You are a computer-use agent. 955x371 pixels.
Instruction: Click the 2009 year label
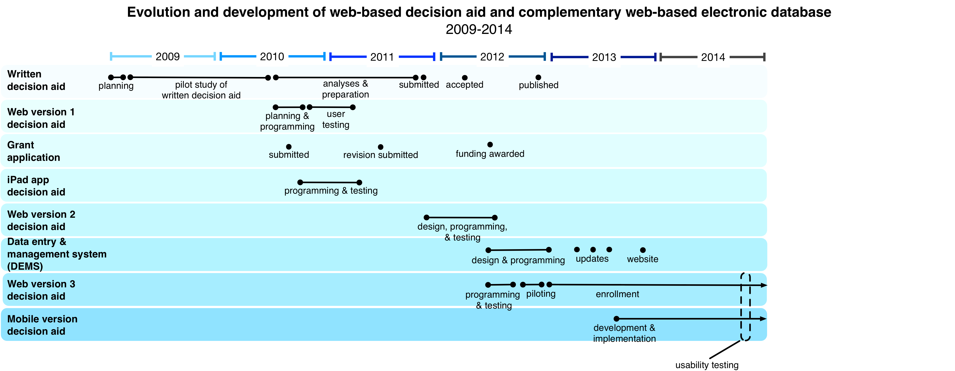(x=168, y=57)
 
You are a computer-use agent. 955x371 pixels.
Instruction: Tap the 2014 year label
(x=713, y=57)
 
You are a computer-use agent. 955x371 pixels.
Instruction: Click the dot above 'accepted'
(x=465, y=78)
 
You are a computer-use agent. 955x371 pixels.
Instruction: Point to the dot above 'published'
(x=538, y=77)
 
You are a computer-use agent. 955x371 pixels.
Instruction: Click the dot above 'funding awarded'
(x=490, y=144)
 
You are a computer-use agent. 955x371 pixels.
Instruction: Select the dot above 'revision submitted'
(x=380, y=147)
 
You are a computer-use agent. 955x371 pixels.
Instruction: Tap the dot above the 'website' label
(x=643, y=250)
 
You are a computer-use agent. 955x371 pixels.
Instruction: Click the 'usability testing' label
(x=707, y=365)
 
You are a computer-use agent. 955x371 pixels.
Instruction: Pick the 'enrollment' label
(x=617, y=294)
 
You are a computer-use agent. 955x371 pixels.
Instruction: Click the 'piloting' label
(x=541, y=294)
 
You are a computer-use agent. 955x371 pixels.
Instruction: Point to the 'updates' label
(x=592, y=259)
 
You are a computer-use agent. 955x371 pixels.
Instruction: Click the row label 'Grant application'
(x=33, y=151)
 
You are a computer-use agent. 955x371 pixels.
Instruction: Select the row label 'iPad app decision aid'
(x=36, y=186)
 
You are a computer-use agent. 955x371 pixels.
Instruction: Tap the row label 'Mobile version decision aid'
(x=42, y=325)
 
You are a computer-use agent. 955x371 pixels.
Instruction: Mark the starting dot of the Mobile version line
(x=616, y=319)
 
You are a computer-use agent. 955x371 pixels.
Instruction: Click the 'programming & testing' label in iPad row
(x=331, y=191)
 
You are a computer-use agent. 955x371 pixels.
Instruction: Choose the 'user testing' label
(x=336, y=119)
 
